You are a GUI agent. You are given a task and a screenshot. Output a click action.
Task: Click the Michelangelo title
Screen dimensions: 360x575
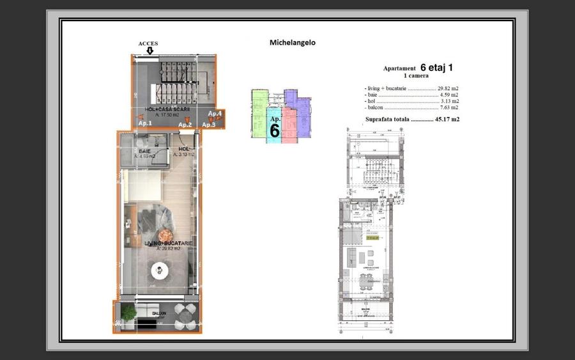pos(293,43)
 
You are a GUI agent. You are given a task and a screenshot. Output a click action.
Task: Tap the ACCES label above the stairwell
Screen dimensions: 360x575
pos(148,43)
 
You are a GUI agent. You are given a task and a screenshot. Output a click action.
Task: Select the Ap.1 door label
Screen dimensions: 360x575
pos(145,123)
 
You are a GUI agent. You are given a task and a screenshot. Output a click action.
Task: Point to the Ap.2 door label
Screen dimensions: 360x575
pos(185,124)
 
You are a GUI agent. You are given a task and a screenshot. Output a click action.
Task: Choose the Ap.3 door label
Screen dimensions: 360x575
pos(209,124)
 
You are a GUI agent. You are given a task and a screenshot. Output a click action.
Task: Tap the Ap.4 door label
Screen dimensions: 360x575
pos(215,114)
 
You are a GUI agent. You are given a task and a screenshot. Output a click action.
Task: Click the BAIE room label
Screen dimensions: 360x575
pos(145,152)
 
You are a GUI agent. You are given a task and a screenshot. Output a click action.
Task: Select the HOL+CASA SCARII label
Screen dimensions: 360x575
pos(167,109)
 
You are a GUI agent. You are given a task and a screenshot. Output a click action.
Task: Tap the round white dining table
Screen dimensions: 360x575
pos(158,272)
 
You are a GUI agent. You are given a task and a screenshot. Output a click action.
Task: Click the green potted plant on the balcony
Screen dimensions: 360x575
pos(128,312)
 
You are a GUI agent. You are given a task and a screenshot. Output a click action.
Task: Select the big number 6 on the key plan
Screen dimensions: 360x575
pos(275,130)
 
